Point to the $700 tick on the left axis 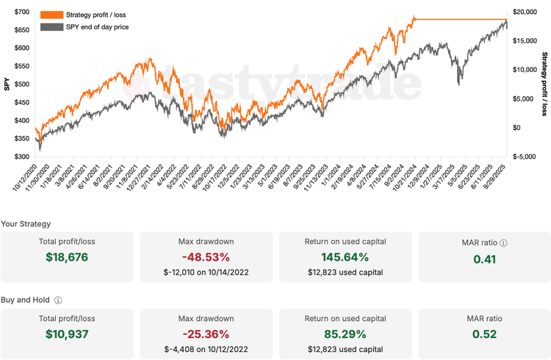[x=21, y=12]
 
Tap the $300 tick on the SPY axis [x=21, y=156]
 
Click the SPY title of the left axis [x=7, y=84]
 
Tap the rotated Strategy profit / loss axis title [x=544, y=84]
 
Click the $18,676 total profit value [x=67, y=257]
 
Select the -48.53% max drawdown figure [x=206, y=257]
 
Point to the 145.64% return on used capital [x=345, y=257]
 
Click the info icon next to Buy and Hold [x=58, y=300]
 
